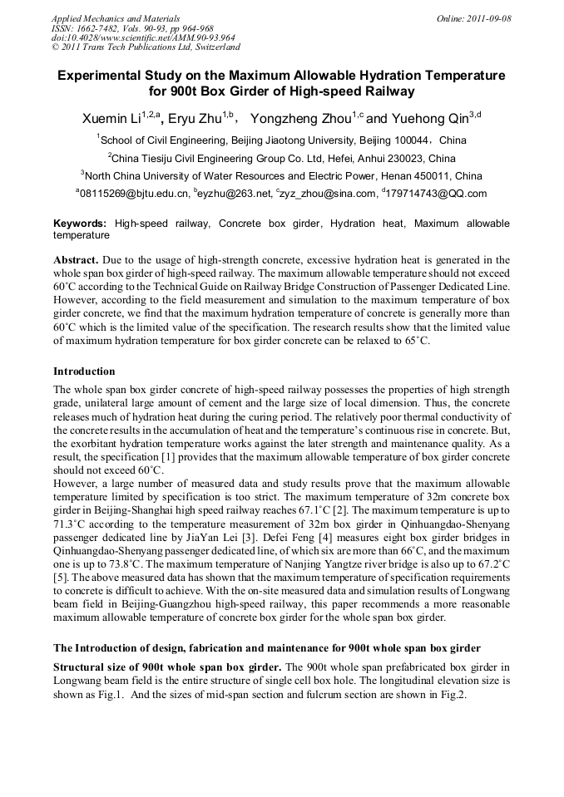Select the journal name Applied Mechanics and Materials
[116, 18]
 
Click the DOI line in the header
[143, 37]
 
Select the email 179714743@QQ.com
[437, 194]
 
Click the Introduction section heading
[84, 371]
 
